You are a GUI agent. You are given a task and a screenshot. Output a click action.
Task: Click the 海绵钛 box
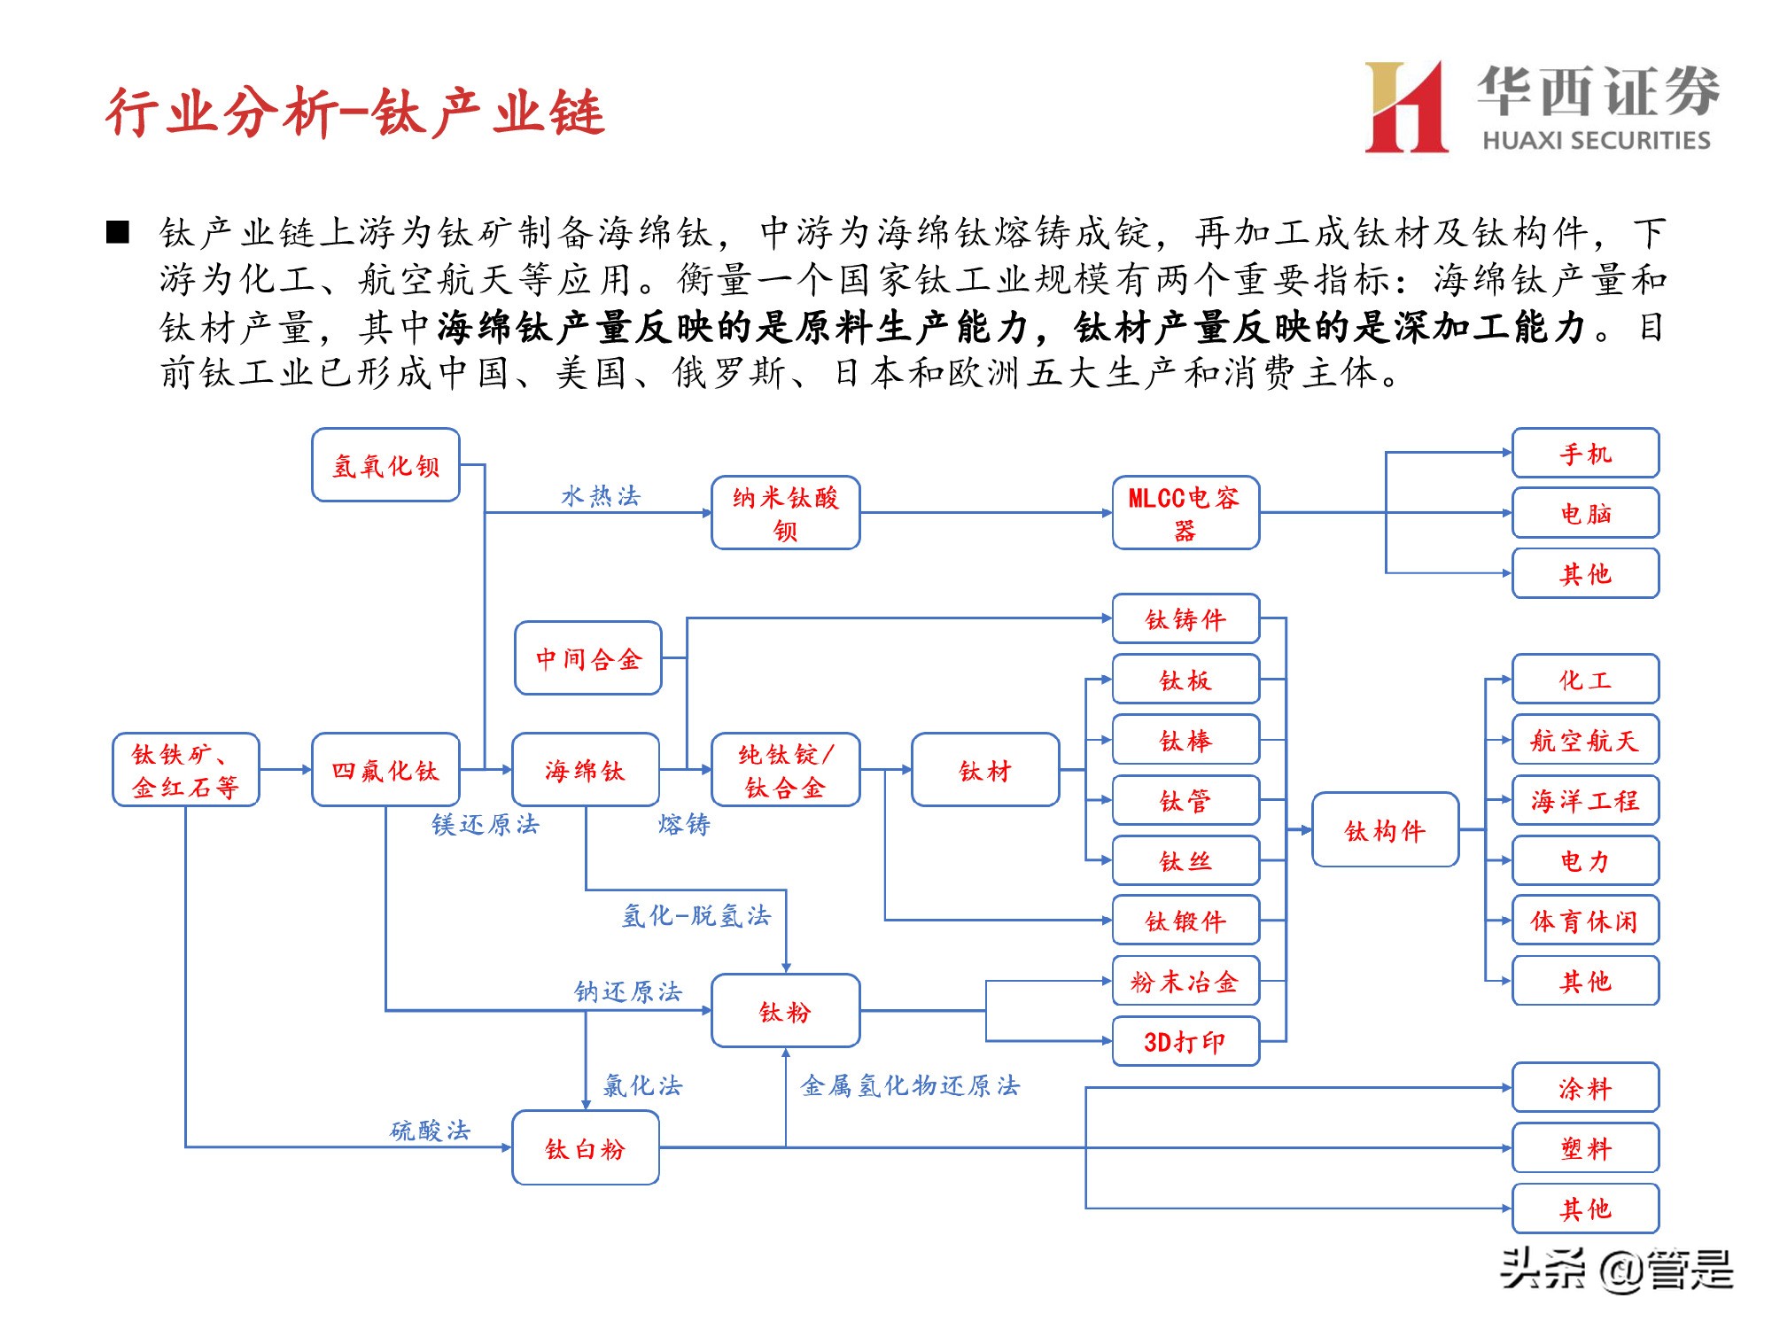(x=586, y=770)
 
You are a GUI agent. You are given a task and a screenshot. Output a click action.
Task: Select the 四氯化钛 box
(x=385, y=770)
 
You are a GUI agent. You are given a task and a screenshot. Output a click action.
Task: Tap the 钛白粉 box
(x=586, y=1148)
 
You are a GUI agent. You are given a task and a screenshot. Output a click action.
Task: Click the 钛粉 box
(x=785, y=1011)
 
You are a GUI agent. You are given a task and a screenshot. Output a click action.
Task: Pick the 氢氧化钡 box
(x=385, y=465)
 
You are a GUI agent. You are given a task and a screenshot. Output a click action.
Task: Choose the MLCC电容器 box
(x=1185, y=513)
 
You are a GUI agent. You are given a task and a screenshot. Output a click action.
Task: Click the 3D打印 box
(x=1185, y=1041)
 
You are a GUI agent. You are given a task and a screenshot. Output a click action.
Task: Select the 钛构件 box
(x=1385, y=830)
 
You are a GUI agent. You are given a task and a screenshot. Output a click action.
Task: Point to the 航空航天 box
(x=1585, y=740)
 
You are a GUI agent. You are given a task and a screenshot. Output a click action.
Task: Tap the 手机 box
(x=1585, y=454)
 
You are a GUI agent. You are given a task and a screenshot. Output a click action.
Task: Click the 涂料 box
(x=1585, y=1087)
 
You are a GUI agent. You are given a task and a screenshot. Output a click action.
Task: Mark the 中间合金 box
(x=588, y=658)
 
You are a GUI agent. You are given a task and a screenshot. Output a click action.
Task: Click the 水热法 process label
(x=600, y=495)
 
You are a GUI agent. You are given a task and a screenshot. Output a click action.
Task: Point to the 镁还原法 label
(x=486, y=825)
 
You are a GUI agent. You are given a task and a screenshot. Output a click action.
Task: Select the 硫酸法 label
(x=431, y=1130)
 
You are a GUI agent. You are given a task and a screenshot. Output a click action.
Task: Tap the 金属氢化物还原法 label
(x=910, y=1085)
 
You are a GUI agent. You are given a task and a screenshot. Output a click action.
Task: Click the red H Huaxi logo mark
(x=1406, y=107)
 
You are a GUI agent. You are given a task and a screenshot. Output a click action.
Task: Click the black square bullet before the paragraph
(x=118, y=233)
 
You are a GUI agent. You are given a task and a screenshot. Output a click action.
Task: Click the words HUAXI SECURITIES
(x=1596, y=140)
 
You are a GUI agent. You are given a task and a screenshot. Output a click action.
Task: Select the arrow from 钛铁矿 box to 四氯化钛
(x=285, y=770)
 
